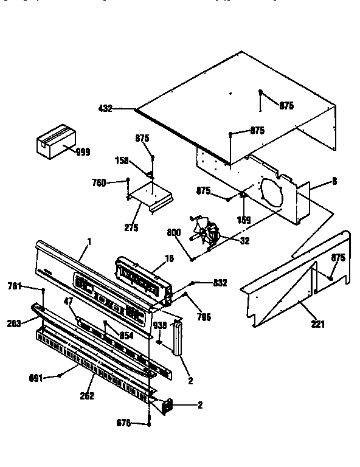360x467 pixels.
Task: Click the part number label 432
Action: coord(105,109)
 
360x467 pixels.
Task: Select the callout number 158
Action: coord(122,161)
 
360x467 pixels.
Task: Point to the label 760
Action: coord(99,182)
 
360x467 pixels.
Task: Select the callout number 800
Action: coord(173,232)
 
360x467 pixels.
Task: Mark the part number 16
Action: coord(169,258)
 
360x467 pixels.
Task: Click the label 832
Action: coord(220,282)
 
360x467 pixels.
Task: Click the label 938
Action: coord(159,325)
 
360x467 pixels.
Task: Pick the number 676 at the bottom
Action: coord(123,423)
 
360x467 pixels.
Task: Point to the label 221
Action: coord(317,324)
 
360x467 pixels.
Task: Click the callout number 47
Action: coord(69,302)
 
